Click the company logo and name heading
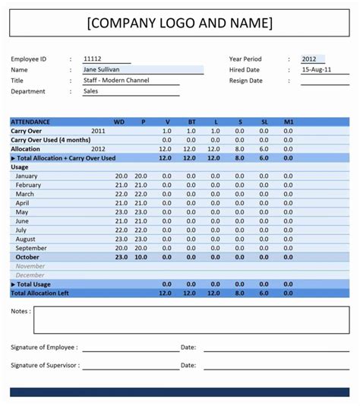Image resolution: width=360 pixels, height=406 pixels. pos(179,23)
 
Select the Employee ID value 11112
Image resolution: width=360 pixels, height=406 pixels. pos(93,59)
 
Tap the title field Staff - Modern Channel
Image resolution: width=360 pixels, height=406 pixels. pos(116,80)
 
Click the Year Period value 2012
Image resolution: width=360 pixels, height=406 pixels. pos(309,59)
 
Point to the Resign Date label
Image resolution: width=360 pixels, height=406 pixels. pos(246,80)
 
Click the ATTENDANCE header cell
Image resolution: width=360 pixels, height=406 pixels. pos(31,122)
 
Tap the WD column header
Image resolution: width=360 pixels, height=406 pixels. pos(119,122)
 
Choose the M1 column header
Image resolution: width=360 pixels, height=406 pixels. pos(288,122)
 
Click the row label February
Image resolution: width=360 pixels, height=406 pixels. pos(28,185)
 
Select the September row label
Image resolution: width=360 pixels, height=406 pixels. pos(31,248)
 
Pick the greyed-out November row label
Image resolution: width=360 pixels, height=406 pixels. pos(30,266)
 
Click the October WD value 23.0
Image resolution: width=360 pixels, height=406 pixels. pos(121,257)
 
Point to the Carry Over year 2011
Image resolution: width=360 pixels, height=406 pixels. pos(99,131)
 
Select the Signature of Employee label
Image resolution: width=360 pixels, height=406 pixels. pos(44,347)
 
